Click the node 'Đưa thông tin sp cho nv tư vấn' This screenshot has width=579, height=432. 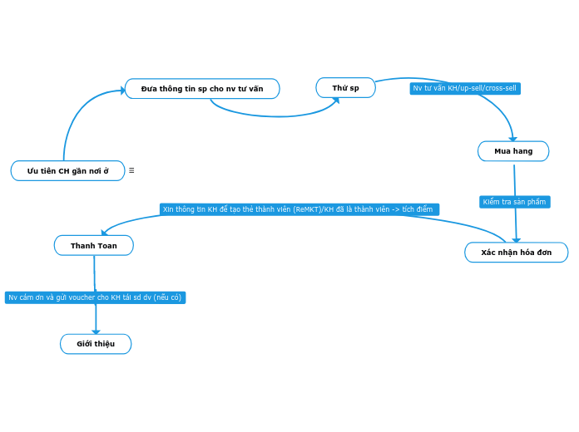click(202, 88)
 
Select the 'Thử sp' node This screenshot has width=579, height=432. click(345, 87)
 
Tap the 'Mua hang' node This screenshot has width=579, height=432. click(513, 151)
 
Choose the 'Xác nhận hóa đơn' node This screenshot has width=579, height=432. click(516, 253)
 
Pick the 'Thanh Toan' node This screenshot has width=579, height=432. click(93, 246)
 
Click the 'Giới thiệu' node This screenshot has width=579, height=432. click(96, 344)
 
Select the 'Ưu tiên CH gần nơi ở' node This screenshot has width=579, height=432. click(67, 170)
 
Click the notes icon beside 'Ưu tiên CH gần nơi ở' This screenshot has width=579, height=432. click(131, 170)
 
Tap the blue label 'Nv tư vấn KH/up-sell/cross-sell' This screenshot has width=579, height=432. click(465, 88)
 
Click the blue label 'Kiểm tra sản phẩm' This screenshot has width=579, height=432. click(514, 202)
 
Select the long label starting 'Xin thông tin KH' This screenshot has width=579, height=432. click(299, 209)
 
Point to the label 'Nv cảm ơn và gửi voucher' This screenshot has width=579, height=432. click(95, 297)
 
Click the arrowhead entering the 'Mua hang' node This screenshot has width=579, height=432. click(512, 139)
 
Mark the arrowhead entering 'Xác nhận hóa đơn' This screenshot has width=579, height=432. click(516, 240)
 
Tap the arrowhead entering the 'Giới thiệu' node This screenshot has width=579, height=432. click(96, 331)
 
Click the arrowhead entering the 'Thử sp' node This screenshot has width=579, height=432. click(335, 100)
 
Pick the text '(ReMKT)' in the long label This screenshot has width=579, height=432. click(307, 209)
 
